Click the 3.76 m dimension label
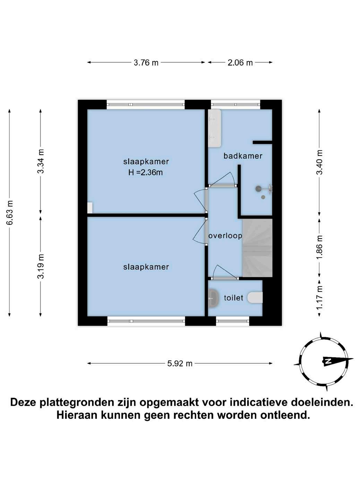(x=146, y=63)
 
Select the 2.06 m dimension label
(x=240, y=63)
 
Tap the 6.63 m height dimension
(x=10, y=212)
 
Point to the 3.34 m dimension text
(x=41, y=161)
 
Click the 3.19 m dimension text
(x=41, y=266)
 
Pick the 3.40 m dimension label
(x=319, y=162)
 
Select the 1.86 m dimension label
(x=319, y=247)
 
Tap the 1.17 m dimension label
(x=319, y=298)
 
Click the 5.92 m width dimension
(x=180, y=363)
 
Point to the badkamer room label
(x=243, y=156)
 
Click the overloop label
(x=225, y=236)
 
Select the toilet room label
(x=233, y=298)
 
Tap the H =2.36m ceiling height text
(x=146, y=172)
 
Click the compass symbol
(x=324, y=361)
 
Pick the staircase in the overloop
(x=257, y=248)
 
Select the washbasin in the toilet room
(x=213, y=298)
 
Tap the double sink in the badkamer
(x=214, y=128)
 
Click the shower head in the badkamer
(x=258, y=189)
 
